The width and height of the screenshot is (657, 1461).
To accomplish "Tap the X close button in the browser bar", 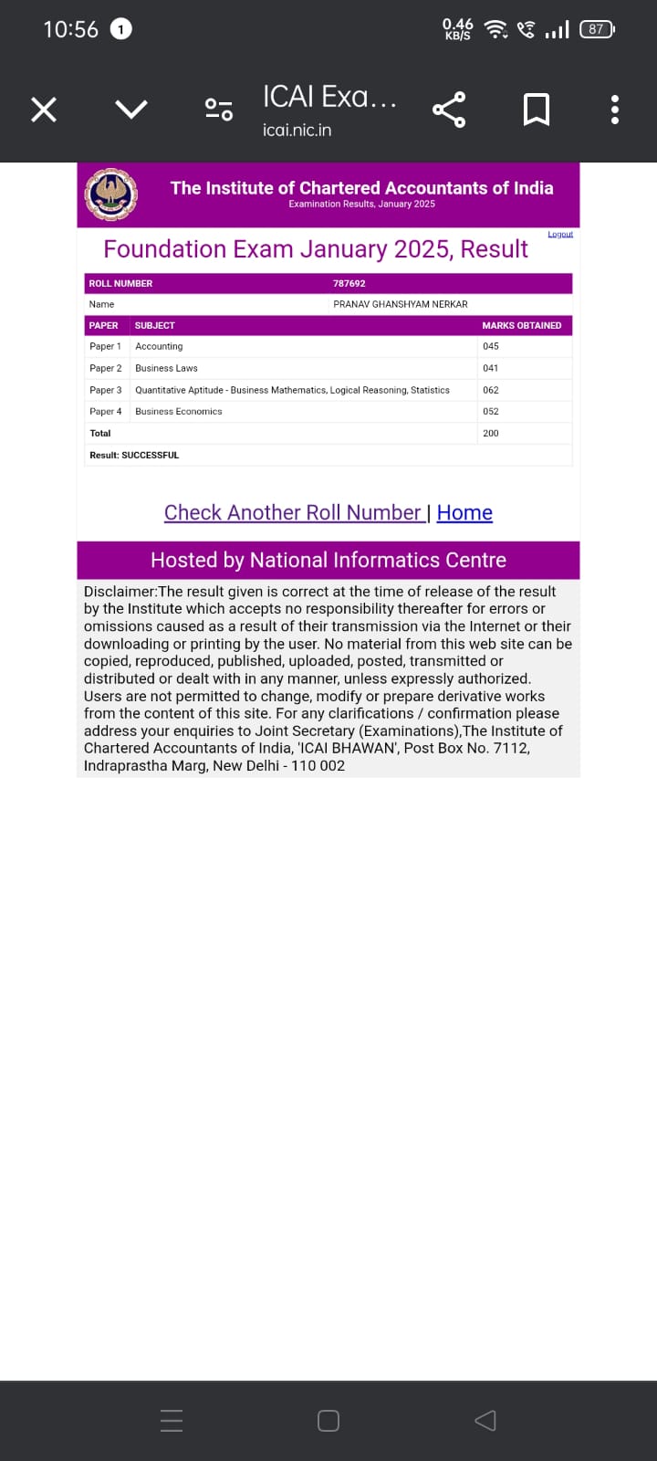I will pyautogui.click(x=44, y=110).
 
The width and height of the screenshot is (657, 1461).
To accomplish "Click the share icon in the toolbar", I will pyautogui.click(x=449, y=110).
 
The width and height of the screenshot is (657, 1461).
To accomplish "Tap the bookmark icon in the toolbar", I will pyautogui.click(x=536, y=110).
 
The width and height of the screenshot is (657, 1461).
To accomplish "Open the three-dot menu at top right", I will pyautogui.click(x=615, y=110).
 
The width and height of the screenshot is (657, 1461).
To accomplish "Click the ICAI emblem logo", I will pyautogui.click(x=111, y=194).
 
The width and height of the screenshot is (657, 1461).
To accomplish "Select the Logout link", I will pyautogui.click(x=560, y=235).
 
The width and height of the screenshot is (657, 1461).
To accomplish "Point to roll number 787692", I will pyautogui.click(x=349, y=284).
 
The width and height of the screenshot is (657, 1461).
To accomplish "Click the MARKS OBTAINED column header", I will pyautogui.click(x=521, y=326).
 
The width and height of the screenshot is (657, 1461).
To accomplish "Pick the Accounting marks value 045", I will pyautogui.click(x=491, y=347).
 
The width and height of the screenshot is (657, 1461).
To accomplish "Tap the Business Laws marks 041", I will pyautogui.click(x=491, y=369).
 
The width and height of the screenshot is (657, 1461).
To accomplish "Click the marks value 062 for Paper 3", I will pyautogui.click(x=491, y=391).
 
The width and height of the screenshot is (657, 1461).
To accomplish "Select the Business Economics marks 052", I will pyautogui.click(x=491, y=412).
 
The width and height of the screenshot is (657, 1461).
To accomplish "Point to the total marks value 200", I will pyautogui.click(x=491, y=434).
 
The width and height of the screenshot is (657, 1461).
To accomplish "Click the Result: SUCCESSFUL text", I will pyautogui.click(x=134, y=456).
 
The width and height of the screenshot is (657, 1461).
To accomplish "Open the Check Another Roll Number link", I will pyautogui.click(x=293, y=513).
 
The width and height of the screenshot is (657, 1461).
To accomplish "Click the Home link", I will pyautogui.click(x=464, y=513).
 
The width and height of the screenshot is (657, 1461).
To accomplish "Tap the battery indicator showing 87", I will pyautogui.click(x=597, y=29).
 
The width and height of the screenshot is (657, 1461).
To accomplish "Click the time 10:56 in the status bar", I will pyautogui.click(x=70, y=29).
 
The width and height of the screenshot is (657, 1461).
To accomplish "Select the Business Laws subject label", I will pyautogui.click(x=166, y=369).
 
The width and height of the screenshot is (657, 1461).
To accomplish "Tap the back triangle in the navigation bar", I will pyautogui.click(x=485, y=1420).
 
